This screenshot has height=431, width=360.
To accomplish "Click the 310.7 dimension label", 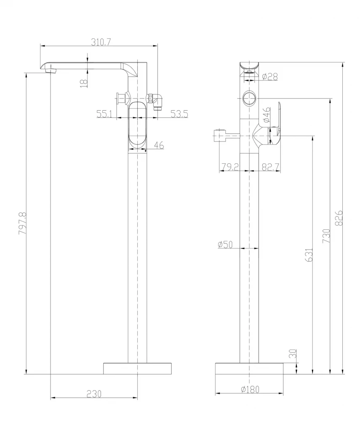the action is click(101, 42).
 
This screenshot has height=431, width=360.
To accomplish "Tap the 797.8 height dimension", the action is click(22, 223).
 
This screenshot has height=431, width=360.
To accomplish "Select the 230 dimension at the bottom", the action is click(94, 394).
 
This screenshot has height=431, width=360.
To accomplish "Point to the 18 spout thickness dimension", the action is click(85, 82).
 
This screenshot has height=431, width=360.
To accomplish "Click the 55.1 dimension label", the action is click(104, 114).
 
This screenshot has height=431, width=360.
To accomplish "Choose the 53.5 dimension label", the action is click(179, 114).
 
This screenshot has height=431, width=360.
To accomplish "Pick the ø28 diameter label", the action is click(270, 77).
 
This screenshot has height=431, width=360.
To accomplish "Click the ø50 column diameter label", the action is click(225, 245).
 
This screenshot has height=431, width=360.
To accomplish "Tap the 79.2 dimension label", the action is click(230, 167).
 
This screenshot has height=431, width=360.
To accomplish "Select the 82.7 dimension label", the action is click(271, 167).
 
